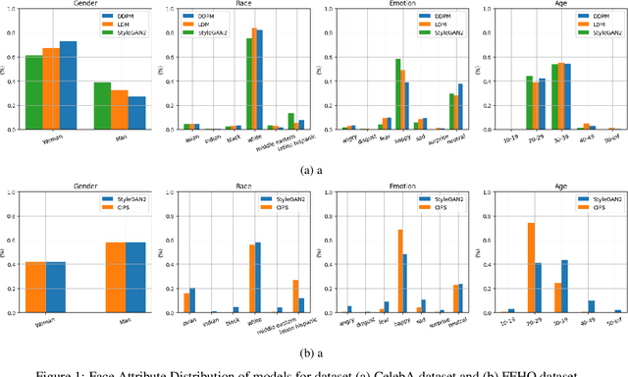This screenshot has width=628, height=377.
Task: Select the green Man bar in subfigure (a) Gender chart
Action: coord(101,105)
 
